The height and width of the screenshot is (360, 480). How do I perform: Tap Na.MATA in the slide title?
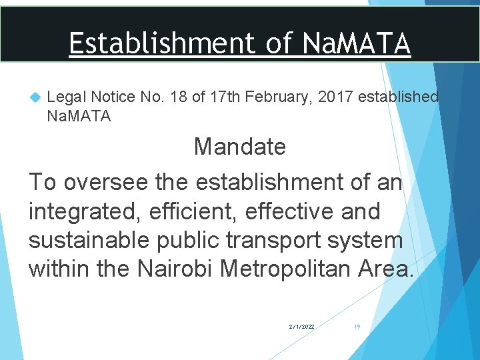coord(357,44)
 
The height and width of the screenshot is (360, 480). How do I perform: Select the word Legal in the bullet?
coord(64,97)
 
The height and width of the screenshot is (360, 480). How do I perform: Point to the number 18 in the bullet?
coord(178,97)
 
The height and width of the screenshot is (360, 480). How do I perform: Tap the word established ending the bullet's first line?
coord(399,97)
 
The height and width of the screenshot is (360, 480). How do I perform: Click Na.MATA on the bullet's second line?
coord(79,117)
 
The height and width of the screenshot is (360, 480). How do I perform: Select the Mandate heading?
coord(240,147)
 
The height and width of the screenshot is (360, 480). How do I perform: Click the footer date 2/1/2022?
coord(302,327)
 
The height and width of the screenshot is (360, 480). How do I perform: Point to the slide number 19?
coord(357,327)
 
